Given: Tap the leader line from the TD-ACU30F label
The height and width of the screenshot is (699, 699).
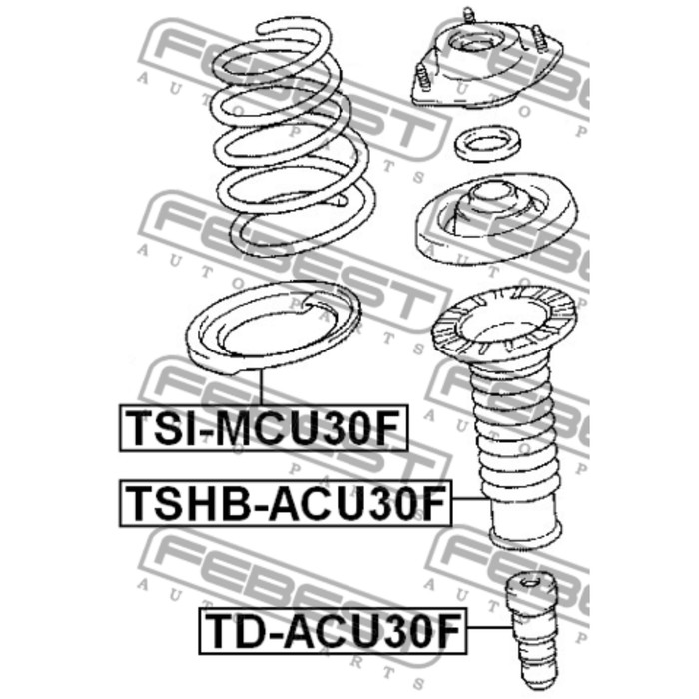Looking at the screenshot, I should coord(486,630).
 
